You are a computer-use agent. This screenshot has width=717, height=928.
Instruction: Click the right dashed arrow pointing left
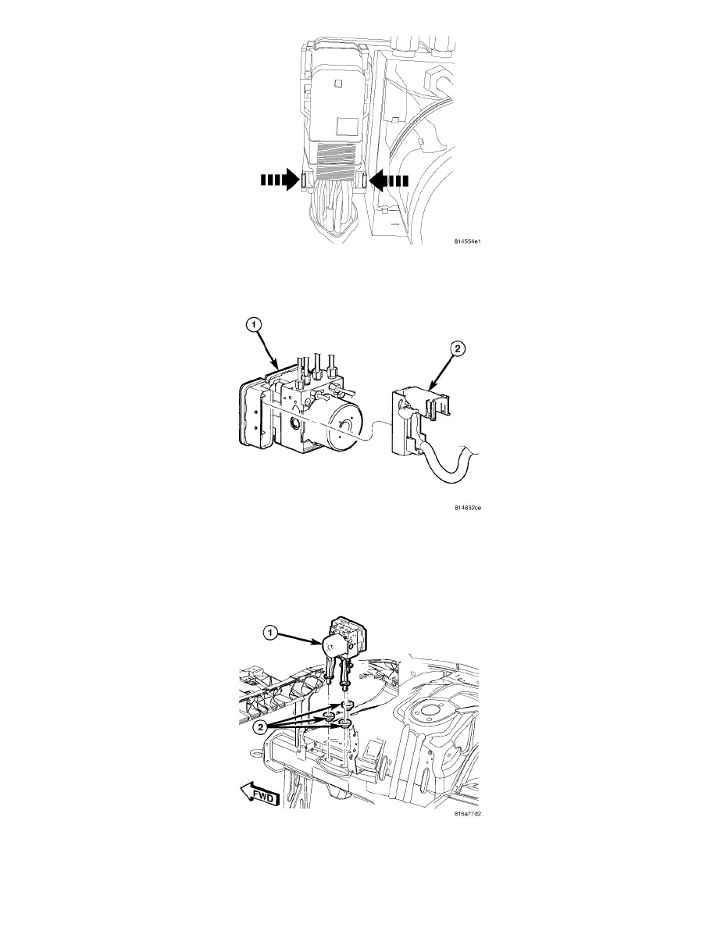pos(388,180)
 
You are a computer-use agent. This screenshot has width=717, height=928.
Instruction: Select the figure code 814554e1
pos(467,241)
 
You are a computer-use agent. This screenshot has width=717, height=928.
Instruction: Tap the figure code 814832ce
pos(467,507)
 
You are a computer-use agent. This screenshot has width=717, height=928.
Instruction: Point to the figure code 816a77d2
pos(467,814)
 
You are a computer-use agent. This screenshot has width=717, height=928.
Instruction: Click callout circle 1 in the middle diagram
pos(253,324)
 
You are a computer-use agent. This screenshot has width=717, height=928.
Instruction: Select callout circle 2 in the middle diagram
pos(457,349)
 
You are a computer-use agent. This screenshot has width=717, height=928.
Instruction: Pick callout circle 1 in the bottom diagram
pos(269,634)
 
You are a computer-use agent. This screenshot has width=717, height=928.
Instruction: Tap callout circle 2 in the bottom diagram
pos(260,727)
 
